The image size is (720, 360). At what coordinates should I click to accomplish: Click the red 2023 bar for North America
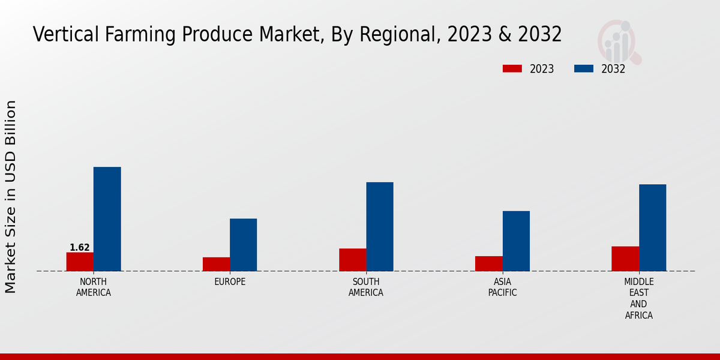(80, 262)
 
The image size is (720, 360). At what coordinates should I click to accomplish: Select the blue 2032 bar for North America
(107, 219)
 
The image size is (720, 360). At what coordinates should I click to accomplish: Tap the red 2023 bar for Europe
(216, 264)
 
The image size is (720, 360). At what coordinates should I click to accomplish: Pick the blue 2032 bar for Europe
(243, 245)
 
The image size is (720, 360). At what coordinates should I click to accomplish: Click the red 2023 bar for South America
(352, 260)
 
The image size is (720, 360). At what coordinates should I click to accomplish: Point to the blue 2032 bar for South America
(380, 227)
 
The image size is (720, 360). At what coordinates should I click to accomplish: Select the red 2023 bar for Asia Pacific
(488, 263)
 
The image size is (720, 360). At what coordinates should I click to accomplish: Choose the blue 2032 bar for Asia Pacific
(516, 241)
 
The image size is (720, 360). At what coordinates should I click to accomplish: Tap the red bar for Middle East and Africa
(625, 259)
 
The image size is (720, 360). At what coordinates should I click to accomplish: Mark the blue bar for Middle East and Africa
(652, 227)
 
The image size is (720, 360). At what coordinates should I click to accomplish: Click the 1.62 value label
(80, 247)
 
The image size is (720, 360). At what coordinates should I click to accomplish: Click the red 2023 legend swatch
(512, 69)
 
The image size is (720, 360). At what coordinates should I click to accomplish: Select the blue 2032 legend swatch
(584, 69)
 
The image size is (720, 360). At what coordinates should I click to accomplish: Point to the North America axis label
(93, 287)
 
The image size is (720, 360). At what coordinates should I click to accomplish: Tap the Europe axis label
(230, 281)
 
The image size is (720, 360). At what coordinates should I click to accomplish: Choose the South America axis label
(366, 287)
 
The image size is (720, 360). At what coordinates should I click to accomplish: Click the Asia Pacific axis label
(502, 287)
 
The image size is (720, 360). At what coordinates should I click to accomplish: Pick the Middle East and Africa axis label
(638, 298)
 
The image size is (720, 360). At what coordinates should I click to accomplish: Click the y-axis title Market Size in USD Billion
(11, 197)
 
